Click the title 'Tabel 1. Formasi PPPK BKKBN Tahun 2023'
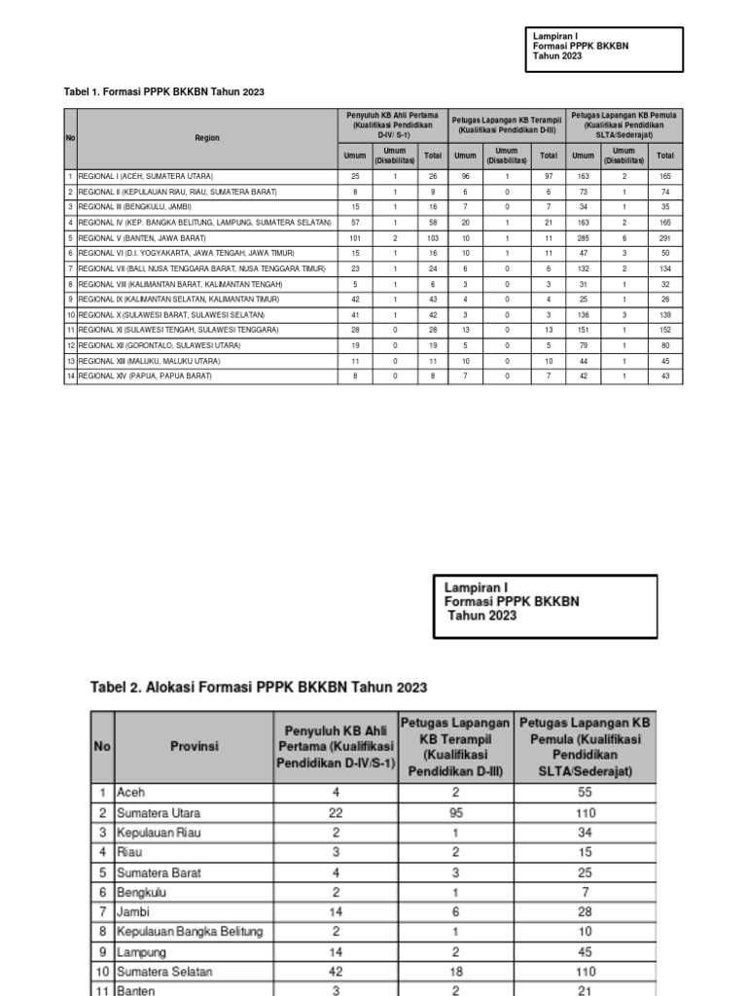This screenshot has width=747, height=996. pos(164,91)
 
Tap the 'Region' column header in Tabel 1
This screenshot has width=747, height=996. pos(207,138)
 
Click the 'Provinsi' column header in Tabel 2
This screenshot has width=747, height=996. pos(194,747)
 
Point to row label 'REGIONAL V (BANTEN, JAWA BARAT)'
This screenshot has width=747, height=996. pos(143,237)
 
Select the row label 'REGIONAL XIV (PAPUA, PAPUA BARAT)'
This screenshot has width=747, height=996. pos(148,376)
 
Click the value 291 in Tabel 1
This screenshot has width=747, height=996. pos(665,237)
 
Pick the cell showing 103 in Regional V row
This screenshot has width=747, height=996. pos(433,237)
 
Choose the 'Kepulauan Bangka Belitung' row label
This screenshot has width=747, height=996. pos(191,931)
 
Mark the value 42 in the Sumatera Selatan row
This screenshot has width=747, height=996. pos(336,971)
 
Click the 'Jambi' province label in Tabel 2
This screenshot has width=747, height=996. pos(135,911)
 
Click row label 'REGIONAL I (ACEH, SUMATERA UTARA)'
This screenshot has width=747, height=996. pos(146,176)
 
